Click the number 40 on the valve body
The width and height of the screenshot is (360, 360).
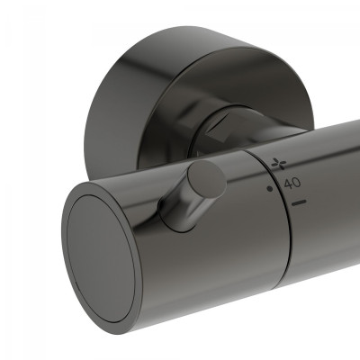[292, 183]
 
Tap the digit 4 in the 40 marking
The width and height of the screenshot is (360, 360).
[287, 183]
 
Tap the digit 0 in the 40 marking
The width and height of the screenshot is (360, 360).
[296, 183]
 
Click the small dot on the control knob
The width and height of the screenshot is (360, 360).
[269, 190]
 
